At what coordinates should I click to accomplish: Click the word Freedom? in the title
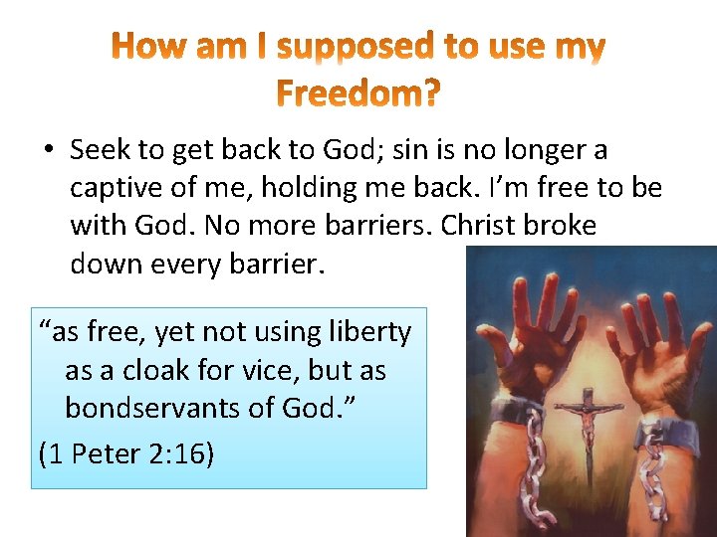[x=358, y=94]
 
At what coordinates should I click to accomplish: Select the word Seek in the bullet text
[x=100, y=150]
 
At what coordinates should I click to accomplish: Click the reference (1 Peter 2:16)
[x=126, y=453]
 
